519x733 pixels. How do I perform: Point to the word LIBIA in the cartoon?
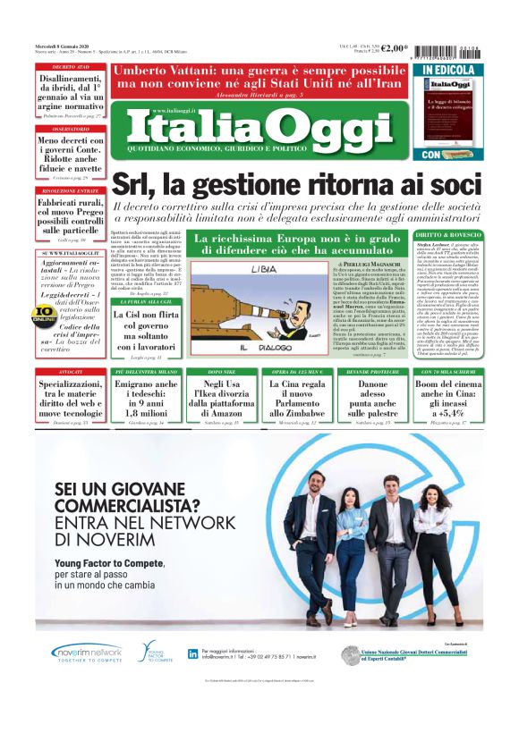point(263,268)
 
